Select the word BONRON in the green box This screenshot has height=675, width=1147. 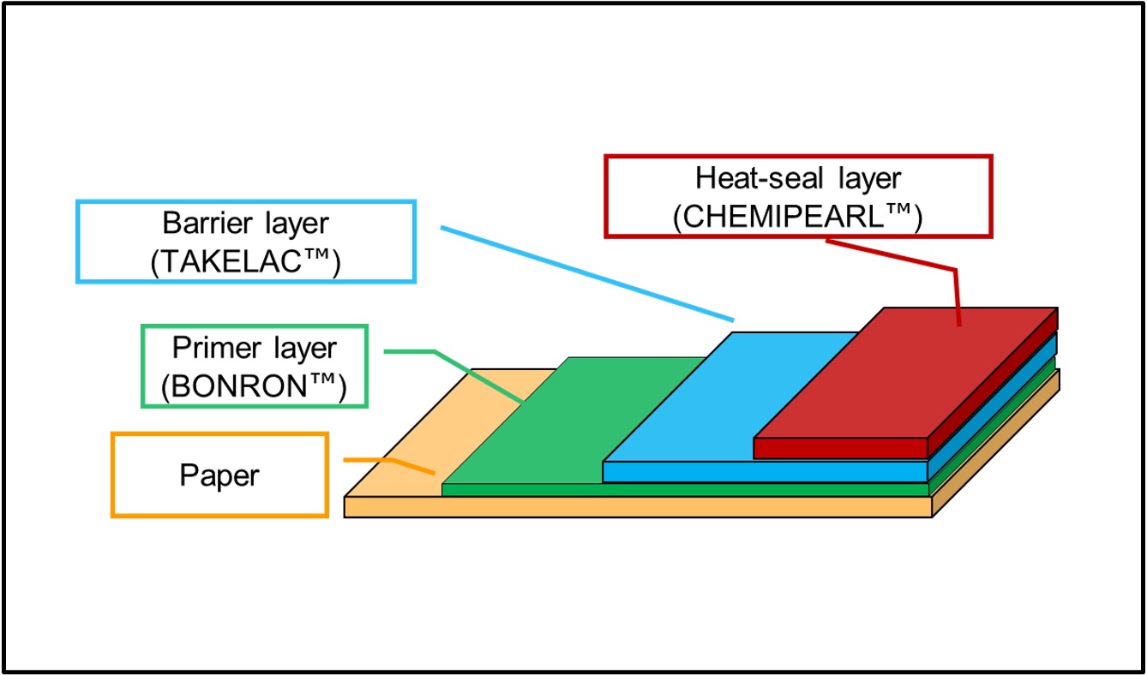243,388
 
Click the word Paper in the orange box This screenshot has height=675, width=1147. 219,475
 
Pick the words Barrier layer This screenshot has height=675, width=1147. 245,224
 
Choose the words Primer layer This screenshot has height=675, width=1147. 255,349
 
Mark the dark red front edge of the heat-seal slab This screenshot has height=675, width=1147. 840,448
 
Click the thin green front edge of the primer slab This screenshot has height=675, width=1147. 686,490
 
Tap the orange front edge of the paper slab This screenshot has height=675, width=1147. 634,507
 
